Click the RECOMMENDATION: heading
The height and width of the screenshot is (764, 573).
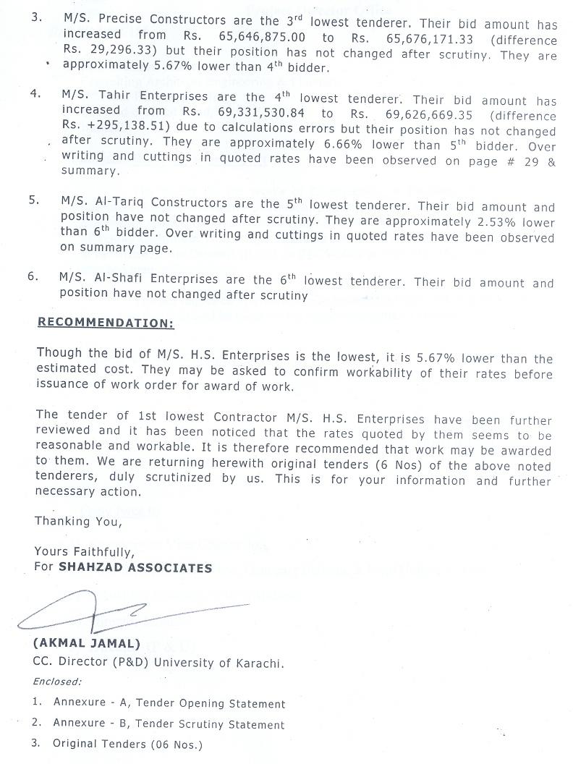pos(106,323)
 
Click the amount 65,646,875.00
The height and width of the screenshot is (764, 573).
pos(264,35)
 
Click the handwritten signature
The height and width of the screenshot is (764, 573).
pos(130,611)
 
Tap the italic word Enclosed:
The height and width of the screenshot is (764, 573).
pos(57,681)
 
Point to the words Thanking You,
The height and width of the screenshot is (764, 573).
pos(73,521)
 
